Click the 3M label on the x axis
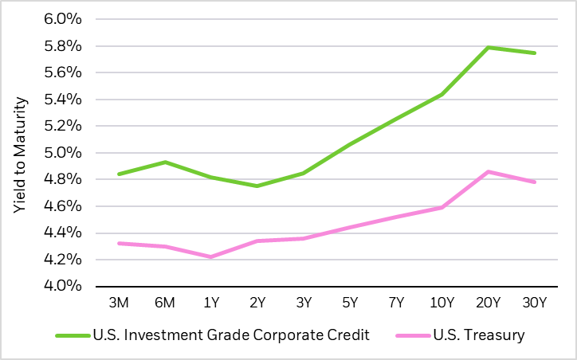118,303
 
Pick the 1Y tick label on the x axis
210,303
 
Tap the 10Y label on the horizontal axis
442,303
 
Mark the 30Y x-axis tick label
534,303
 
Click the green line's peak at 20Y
488,47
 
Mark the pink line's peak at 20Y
488,171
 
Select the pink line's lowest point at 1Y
210,256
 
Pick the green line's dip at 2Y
257,186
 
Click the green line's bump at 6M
164,162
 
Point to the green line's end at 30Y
534,53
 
